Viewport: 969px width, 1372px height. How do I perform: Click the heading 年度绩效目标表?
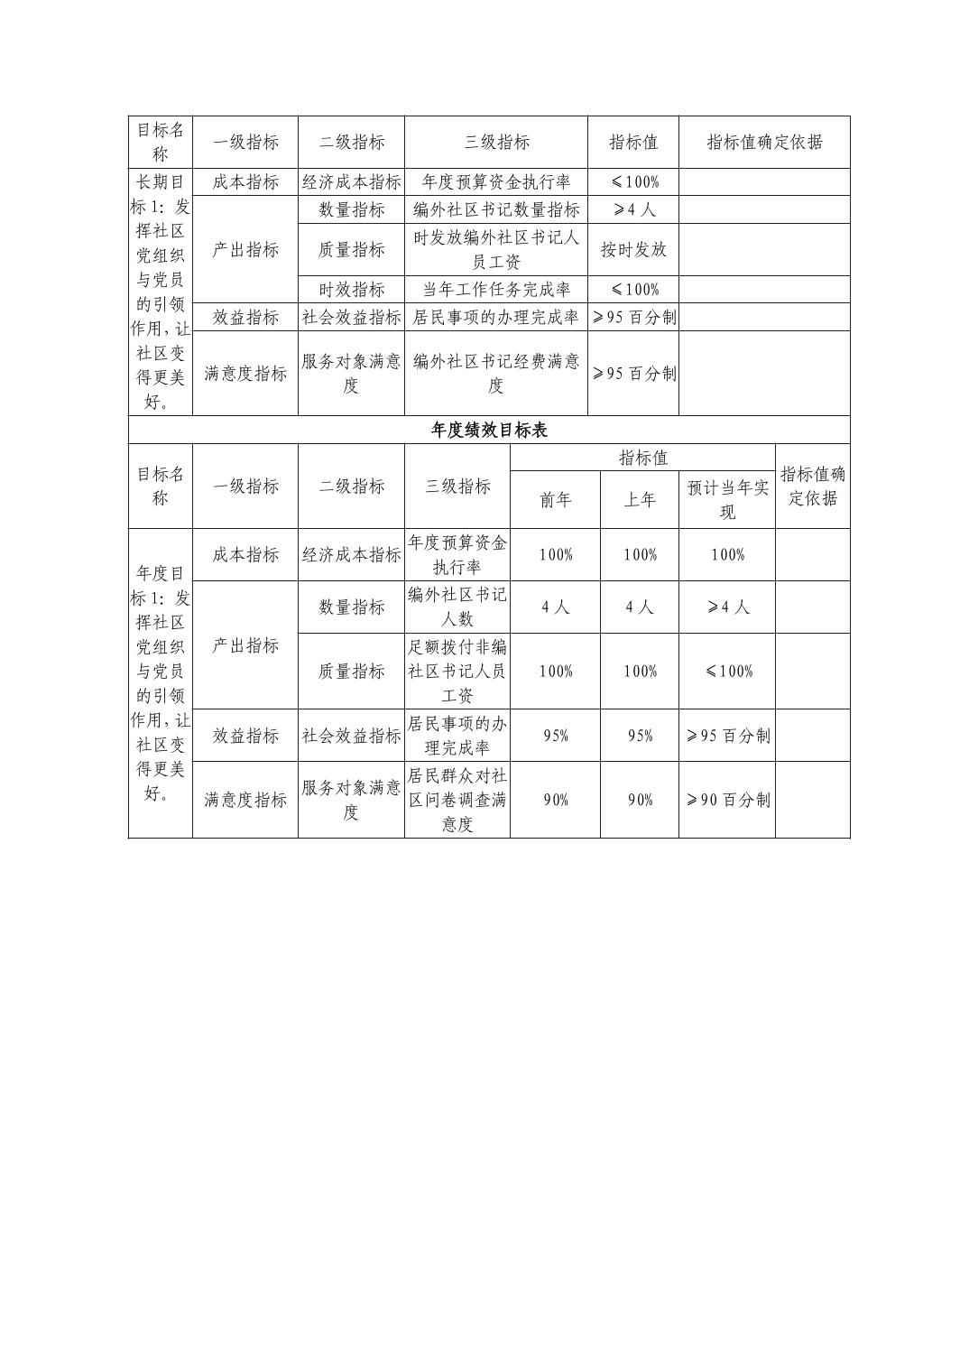489,430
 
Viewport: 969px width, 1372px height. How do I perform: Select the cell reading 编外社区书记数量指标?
496,209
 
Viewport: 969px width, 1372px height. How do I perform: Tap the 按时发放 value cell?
633,249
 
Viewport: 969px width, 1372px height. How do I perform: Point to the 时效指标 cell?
351,289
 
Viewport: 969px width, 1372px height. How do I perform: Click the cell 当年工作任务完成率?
496,289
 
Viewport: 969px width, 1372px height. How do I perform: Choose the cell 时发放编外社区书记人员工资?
496,249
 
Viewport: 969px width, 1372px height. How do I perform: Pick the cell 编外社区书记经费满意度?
496,373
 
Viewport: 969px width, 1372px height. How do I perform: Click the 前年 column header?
555,499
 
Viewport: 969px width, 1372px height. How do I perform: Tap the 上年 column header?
640,499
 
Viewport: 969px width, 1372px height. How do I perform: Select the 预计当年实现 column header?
727,499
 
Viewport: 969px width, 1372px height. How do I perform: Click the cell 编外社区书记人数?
457,607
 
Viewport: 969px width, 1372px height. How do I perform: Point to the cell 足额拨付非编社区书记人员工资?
457,671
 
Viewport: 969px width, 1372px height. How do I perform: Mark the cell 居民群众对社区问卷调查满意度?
457,799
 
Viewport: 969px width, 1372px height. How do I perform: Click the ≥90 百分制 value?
727,799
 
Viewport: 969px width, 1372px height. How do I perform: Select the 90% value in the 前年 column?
555,799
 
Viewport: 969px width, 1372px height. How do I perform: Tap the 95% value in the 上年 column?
640,735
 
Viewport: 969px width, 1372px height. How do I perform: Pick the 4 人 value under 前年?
555,607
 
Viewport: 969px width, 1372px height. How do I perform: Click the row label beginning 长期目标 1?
161,291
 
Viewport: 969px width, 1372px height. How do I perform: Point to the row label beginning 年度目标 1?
161,682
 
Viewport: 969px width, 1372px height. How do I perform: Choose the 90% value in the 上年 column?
640,799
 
